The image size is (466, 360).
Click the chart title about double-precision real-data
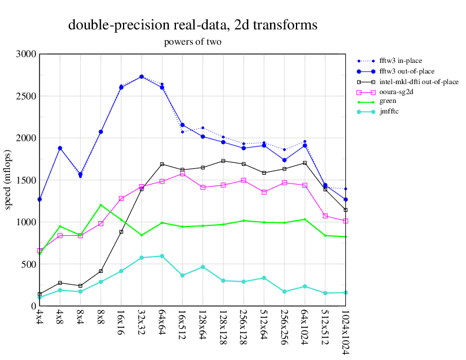192,25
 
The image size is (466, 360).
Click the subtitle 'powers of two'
192,42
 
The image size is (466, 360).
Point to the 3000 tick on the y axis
26,54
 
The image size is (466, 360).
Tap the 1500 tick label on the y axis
26,180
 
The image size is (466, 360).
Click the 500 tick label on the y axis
28,264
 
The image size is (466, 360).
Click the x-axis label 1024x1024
345,332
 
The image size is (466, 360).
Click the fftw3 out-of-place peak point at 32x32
141,76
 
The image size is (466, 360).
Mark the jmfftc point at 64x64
162,256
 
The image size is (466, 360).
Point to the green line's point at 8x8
101,205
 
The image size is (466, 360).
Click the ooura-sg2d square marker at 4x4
39,251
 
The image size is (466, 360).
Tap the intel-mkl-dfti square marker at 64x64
162,164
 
